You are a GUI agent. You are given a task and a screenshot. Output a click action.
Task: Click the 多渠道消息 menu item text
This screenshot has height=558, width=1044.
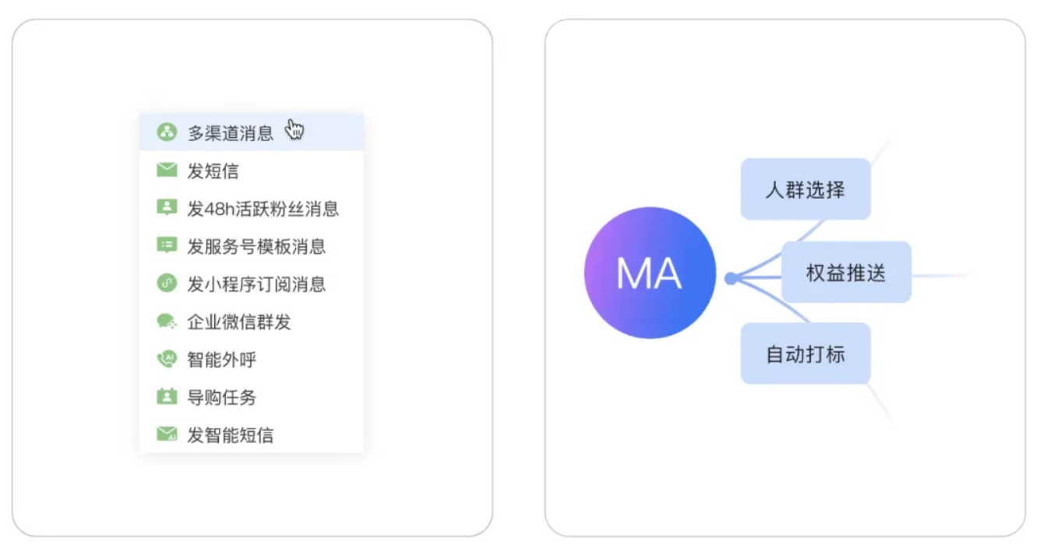(231, 132)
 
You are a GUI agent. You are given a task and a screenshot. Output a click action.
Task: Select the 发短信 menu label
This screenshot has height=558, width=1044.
(213, 171)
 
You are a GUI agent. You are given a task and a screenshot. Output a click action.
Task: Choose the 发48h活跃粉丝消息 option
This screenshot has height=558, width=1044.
(263, 209)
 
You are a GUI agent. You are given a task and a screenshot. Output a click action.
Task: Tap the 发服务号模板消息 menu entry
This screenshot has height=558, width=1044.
(256, 247)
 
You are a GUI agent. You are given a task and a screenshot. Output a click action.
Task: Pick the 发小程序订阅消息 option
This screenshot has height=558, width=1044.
(256, 284)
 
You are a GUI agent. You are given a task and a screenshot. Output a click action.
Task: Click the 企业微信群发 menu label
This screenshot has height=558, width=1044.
(238, 322)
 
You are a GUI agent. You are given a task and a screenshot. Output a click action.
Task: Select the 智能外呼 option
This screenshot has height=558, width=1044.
(221, 360)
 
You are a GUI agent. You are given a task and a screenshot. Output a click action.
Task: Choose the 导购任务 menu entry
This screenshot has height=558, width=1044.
(221, 397)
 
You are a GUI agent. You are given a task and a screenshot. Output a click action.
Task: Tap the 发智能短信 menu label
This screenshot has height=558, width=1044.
(230, 435)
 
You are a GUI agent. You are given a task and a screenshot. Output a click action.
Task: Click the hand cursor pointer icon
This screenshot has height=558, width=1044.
(295, 129)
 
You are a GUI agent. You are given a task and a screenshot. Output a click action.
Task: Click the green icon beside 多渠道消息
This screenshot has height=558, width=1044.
(167, 132)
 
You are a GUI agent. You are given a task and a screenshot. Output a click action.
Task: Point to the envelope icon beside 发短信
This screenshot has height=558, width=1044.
(167, 170)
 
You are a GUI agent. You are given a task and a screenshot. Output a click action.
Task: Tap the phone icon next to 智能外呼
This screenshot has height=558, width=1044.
(167, 359)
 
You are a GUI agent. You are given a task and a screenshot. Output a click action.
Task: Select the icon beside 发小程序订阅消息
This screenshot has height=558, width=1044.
(167, 284)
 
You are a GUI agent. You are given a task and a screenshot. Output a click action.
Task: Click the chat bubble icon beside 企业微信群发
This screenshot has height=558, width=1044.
(167, 321)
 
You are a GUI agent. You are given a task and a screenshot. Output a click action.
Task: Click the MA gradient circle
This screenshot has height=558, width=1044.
(649, 273)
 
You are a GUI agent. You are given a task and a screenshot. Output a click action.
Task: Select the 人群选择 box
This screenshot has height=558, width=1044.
(805, 189)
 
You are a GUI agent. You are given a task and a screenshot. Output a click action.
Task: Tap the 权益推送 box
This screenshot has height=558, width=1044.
(846, 273)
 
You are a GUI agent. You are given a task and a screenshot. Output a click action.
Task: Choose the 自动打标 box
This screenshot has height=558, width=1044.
(805, 354)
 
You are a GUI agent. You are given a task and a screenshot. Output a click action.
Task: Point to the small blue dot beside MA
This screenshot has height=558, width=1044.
(730, 278)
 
